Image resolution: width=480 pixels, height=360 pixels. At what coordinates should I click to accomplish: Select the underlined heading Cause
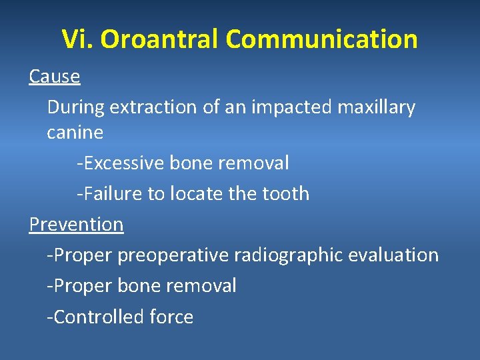pos(55,77)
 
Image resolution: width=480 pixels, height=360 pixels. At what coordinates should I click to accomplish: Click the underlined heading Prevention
pos(76,225)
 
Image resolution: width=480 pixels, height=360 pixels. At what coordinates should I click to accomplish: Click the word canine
pos(75,133)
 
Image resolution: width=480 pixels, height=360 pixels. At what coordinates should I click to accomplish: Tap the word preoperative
pos(173,255)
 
